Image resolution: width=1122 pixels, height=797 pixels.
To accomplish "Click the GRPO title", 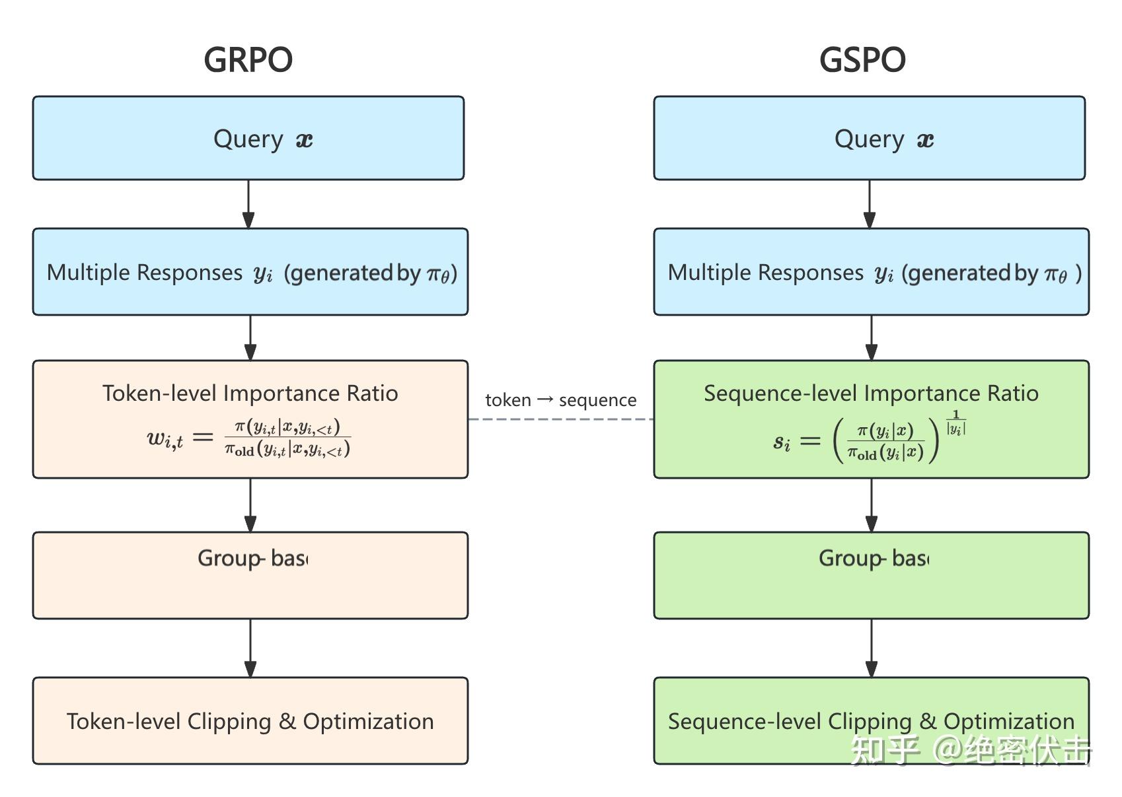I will coord(248,59).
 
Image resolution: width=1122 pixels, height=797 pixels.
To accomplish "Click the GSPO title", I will coord(862,59).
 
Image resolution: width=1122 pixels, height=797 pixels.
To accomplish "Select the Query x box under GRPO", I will coord(248,138).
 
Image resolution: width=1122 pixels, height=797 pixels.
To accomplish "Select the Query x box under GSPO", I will coord(870,138).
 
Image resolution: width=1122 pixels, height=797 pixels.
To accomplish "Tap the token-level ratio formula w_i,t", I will coord(249,438).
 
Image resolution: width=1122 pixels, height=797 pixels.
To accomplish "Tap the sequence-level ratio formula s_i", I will coord(869,438).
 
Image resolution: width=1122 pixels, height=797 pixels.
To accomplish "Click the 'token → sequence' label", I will coord(560,400).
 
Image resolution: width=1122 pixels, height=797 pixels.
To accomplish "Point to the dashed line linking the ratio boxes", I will coord(560,419).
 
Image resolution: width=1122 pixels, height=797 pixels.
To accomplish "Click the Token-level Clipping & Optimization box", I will coord(250,721).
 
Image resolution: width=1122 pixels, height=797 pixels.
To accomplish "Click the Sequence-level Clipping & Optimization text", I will coord(871,721).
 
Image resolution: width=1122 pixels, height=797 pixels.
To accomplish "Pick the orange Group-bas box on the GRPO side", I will coord(250,575).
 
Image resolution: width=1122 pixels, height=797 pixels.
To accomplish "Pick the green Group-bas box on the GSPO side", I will coord(871,575).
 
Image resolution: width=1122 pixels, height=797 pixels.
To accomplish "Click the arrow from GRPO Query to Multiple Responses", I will coord(248,204).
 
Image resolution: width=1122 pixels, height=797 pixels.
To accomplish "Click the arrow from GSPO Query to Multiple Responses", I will coord(870,204).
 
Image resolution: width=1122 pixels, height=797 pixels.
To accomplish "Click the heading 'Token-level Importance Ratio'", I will coord(250,394).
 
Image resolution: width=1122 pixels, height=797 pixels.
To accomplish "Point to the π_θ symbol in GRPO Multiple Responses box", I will coord(439,273).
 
